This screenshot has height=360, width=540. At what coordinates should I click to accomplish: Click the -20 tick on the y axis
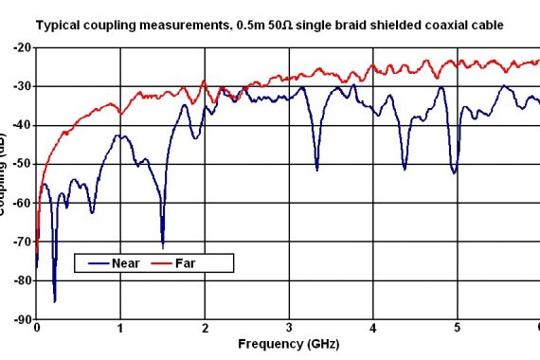(22, 47)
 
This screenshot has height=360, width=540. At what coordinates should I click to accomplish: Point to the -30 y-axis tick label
(22, 86)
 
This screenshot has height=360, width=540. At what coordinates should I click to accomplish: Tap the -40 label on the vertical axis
(22, 125)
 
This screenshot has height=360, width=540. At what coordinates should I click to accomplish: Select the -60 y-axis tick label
(22, 203)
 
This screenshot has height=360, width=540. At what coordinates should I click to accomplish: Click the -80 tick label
(22, 280)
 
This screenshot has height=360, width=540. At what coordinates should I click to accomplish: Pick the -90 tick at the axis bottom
(22, 319)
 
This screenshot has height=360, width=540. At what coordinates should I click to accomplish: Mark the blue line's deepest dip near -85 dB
(54, 300)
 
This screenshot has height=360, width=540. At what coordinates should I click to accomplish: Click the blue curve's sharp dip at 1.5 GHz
(163, 245)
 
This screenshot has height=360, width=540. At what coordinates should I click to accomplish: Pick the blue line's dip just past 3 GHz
(316, 169)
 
